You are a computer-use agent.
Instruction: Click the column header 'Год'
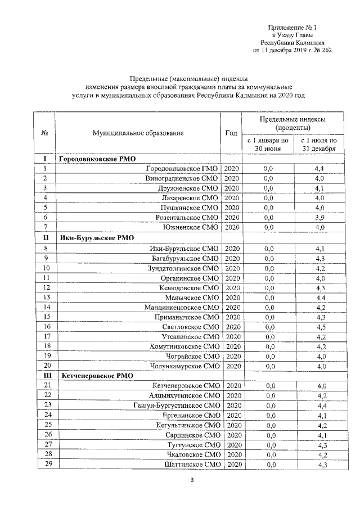click(x=231, y=133)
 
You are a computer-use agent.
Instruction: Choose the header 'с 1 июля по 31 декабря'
click(x=318, y=145)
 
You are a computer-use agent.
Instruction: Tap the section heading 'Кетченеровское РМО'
click(x=96, y=375)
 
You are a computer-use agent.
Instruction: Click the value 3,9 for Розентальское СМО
click(x=320, y=217)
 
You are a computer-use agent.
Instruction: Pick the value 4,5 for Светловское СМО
click(x=320, y=326)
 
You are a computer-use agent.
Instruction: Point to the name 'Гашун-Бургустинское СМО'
click(x=175, y=405)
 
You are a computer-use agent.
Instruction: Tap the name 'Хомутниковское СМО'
click(x=183, y=346)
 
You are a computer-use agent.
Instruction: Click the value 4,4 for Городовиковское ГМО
click(x=320, y=169)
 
